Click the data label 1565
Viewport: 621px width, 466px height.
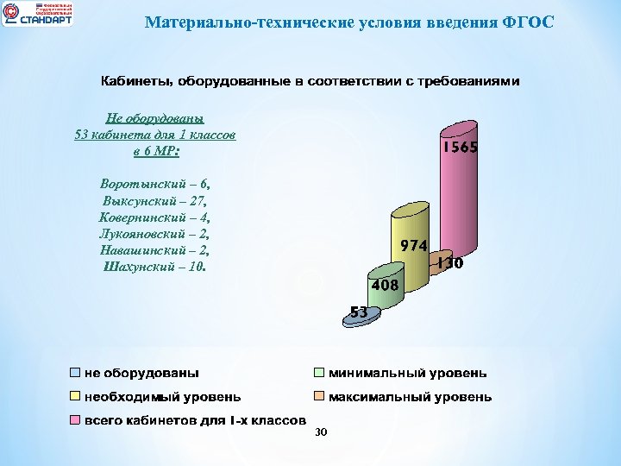[x=461, y=148]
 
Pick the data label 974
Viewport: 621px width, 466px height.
[x=412, y=245]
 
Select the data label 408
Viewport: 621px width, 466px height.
[x=384, y=284]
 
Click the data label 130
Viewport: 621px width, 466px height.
[x=449, y=263]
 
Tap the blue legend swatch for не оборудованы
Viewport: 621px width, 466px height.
[x=76, y=374]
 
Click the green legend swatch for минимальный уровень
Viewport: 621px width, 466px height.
[x=318, y=374]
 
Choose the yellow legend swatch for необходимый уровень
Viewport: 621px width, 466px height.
[x=76, y=397]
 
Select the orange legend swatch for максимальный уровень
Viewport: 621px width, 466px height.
[x=318, y=397]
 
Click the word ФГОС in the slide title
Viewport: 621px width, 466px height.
[x=528, y=21]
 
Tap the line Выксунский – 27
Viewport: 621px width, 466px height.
[x=155, y=200]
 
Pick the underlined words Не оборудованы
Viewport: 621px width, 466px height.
[x=154, y=119]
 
